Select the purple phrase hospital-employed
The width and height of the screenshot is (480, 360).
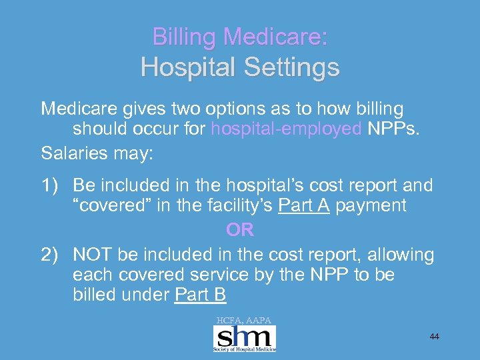(x=287, y=128)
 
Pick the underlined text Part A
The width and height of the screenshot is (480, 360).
(x=304, y=206)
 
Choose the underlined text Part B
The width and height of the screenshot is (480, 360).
(x=200, y=295)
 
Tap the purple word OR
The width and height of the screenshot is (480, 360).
(x=239, y=230)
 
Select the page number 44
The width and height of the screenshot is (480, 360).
(x=434, y=337)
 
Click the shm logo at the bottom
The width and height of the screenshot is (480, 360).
(x=244, y=338)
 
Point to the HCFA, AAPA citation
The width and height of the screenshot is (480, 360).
(x=243, y=321)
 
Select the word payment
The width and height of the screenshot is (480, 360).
(x=371, y=206)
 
